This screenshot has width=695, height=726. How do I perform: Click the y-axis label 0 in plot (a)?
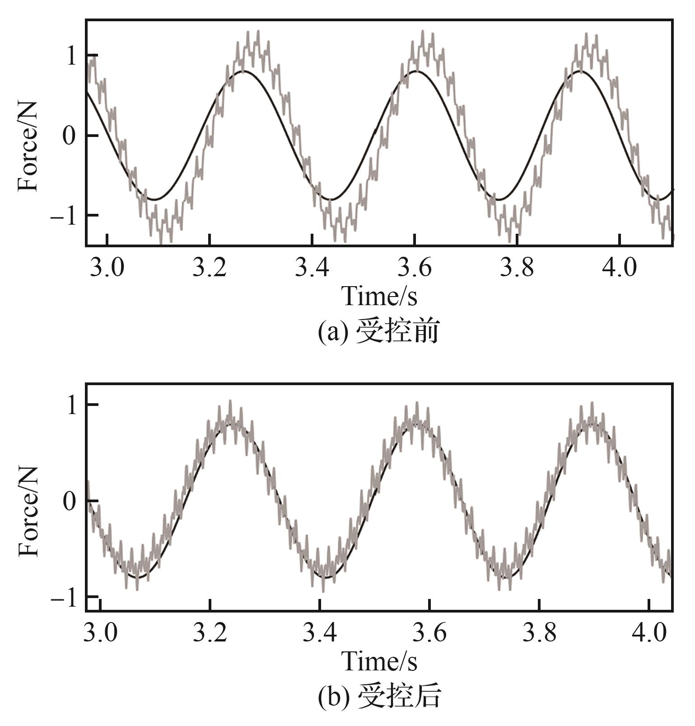69,136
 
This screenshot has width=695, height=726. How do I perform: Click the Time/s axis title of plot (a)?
379,297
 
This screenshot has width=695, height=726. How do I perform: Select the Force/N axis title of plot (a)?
28,147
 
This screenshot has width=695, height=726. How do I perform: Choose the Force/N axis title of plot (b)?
28,511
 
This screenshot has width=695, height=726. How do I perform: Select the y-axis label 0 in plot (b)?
69,501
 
